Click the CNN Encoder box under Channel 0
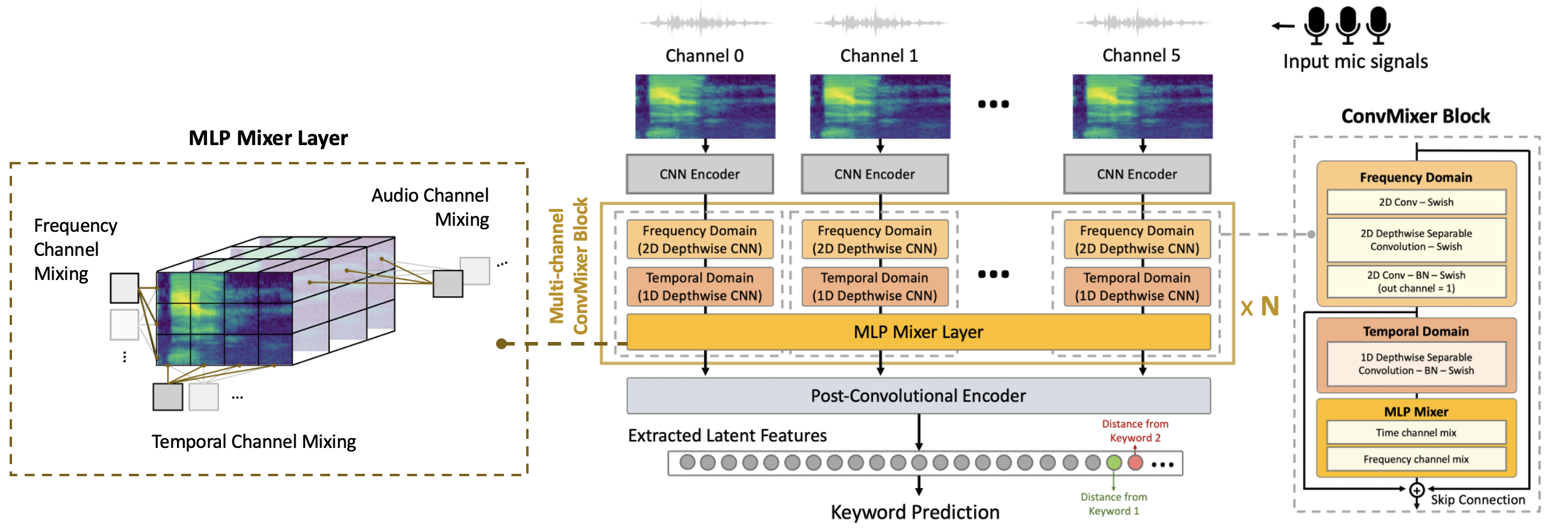click(x=700, y=174)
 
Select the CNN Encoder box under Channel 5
click(x=1136, y=174)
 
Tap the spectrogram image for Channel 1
click(x=880, y=107)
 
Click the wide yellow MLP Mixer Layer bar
click(x=918, y=332)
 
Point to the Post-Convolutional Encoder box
click(x=918, y=396)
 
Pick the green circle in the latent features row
click(x=1114, y=462)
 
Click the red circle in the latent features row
click(x=1135, y=462)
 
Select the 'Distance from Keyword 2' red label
click(x=1135, y=431)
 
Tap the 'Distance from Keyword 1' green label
click(x=1113, y=504)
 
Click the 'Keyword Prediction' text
click(x=914, y=512)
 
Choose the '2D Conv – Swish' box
click(x=1416, y=202)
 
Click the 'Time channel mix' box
click(x=1416, y=433)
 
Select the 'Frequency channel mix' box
click(x=1416, y=459)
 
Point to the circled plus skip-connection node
click(x=1417, y=489)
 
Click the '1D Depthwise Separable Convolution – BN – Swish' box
click(x=1416, y=364)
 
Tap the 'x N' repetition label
click(x=1259, y=308)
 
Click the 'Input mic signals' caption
click(x=1355, y=61)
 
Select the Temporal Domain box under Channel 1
click(x=874, y=287)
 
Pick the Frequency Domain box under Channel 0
click(x=700, y=239)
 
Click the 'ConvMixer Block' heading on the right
click(x=1415, y=116)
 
